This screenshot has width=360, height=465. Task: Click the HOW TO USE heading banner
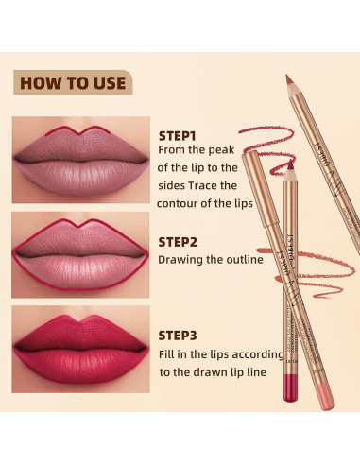click(x=73, y=82)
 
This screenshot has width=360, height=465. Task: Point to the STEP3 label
click(x=180, y=334)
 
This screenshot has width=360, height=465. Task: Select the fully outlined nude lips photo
click(x=79, y=250)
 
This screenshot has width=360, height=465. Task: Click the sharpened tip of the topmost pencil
click(x=289, y=78)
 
